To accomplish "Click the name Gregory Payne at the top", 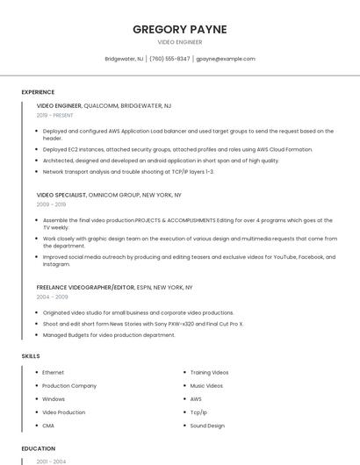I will pyautogui.click(x=179, y=29).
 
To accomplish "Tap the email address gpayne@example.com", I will pyautogui.click(x=226, y=59).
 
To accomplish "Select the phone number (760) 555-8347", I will pyautogui.click(x=169, y=59).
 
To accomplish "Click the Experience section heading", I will pyautogui.click(x=38, y=92).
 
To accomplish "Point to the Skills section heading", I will pyautogui.click(x=30, y=356).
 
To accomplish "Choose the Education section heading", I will pyautogui.click(x=39, y=448).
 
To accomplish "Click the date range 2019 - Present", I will pyautogui.click(x=55, y=115).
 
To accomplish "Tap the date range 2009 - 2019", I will pyautogui.click(x=51, y=204).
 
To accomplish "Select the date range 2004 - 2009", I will pyautogui.click(x=51, y=297).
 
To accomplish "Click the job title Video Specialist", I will pyautogui.click(x=61, y=195).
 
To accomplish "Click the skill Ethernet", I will pyautogui.click(x=53, y=373).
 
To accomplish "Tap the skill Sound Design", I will pyautogui.click(x=207, y=426).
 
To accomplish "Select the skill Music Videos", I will pyautogui.click(x=206, y=386).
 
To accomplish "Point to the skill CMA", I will pyautogui.click(x=48, y=426).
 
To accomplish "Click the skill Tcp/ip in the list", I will pyautogui.click(x=198, y=412).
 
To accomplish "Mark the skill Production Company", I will pyautogui.click(x=69, y=386).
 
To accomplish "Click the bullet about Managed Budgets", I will pyautogui.click(x=109, y=335).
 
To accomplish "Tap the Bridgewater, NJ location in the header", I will pyautogui.click(x=124, y=59).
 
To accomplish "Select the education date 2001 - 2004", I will pyautogui.click(x=51, y=461).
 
